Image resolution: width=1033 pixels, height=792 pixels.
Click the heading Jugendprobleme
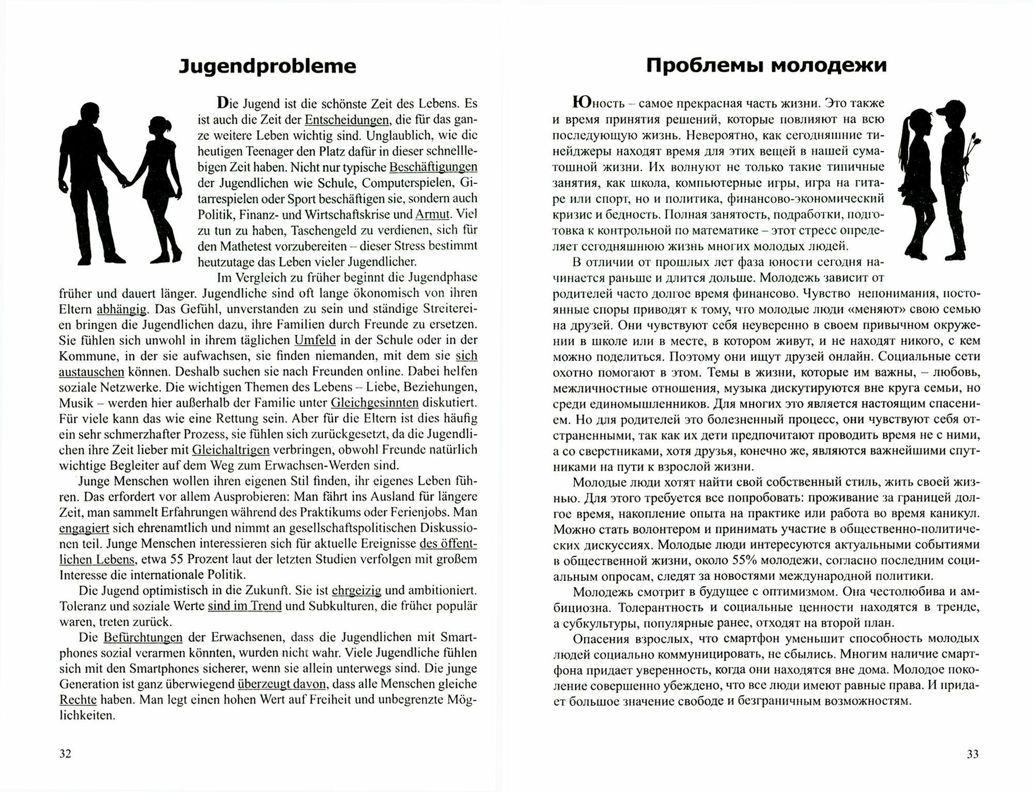[x=267, y=67]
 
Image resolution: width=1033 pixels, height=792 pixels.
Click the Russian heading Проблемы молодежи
[x=766, y=66]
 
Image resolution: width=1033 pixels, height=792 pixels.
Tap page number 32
[x=65, y=754]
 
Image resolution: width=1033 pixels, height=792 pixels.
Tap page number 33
[x=972, y=754]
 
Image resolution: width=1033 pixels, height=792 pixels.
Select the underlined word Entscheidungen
[x=347, y=120]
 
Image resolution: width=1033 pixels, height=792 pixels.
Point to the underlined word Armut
[x=433, y=214]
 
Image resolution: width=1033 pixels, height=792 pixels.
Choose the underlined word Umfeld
[x=315, y=340]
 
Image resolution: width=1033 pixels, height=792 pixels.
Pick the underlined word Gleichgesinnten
[x=374, y=402]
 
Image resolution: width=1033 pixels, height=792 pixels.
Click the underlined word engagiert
[x=84, y=528]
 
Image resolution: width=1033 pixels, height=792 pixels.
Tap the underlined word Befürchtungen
[x=143, y=637]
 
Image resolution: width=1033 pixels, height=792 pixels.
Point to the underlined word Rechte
[x=79, y=700]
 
